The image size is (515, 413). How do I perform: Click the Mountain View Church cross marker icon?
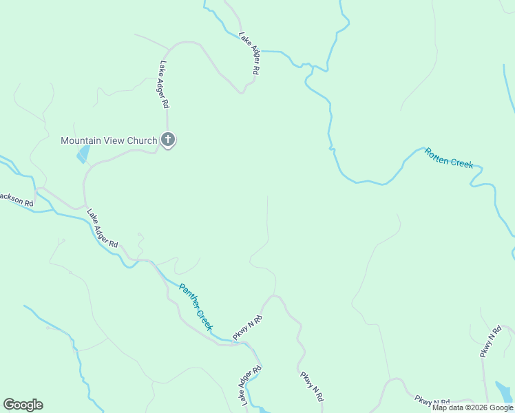pos(167,140)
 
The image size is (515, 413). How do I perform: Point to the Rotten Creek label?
pos(449,158)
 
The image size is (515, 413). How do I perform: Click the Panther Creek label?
pos(196,307)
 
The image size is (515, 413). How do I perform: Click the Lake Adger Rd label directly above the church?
pos(164,85)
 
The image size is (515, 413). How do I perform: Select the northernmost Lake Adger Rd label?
pos(249,53)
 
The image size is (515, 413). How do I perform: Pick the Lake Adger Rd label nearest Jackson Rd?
pos(103,229)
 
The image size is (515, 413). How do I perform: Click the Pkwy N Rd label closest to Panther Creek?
pos(248,327)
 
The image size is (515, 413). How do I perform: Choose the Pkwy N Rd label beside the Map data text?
pos(432,401)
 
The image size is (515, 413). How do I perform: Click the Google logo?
pos(23,405)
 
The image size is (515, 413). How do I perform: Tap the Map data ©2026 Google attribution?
pos(473,407)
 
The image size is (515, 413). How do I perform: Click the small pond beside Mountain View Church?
pos(83,153)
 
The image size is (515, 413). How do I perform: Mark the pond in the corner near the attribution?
pos(504,392)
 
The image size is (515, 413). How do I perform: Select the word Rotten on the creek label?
pos(437,155)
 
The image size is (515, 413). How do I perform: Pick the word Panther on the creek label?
pos(188,296)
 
